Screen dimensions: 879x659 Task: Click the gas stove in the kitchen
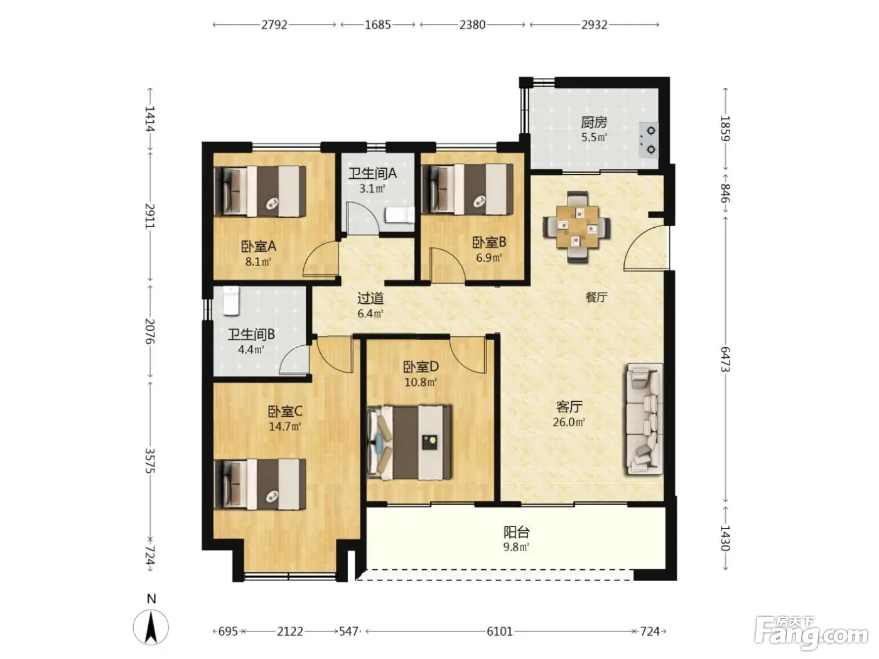point(649,140)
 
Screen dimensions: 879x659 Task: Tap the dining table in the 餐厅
point(576,227)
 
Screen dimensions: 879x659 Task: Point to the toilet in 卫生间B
point(231,301)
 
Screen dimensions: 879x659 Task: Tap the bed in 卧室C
point(260,484)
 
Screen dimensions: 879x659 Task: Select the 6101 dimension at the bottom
point(499,632)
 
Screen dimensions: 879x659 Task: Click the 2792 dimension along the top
point(274,25)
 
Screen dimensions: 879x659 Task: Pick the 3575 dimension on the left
point(150,461)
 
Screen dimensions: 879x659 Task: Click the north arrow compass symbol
point(151,627)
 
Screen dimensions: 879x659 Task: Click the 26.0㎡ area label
point(569,422)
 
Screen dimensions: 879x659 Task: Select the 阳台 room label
point(517,532)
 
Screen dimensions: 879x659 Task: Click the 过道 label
point(370,297)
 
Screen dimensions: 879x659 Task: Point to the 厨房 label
point(594,122)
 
